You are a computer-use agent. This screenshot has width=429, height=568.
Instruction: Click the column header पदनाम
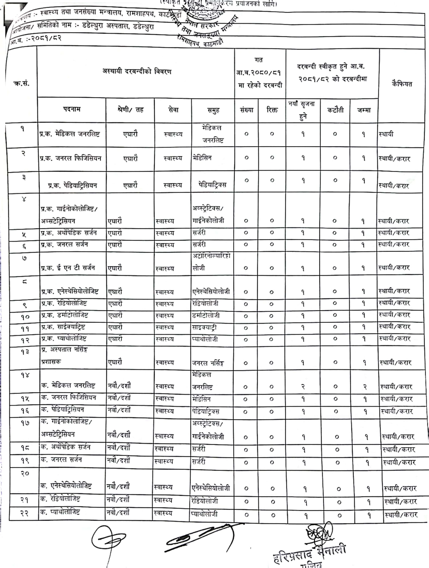[x=72, y=109]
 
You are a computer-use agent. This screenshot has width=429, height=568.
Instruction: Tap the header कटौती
[x=335, y=110]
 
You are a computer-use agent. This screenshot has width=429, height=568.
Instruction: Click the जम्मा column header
[x=364, y=110]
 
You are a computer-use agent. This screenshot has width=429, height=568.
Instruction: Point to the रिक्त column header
[x=272, y=110]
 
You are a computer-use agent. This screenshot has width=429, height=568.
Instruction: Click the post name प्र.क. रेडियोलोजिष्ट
[x=64, y=303]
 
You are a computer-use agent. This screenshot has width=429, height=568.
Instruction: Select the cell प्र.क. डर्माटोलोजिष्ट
[x=65, y=315]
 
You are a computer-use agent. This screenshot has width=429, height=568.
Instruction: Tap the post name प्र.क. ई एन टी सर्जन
[x=68, y=268]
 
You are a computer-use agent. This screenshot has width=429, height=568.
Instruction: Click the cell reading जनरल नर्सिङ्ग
[x=208, y=363]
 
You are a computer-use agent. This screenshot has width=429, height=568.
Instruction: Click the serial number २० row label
[x=25, y=473]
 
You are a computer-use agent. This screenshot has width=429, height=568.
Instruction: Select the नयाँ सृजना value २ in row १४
[x=303, y=387]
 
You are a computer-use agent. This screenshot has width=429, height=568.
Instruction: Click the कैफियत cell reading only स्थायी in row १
[x=386, y=134]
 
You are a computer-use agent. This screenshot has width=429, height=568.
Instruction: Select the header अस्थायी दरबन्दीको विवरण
[x=137, y=71]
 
